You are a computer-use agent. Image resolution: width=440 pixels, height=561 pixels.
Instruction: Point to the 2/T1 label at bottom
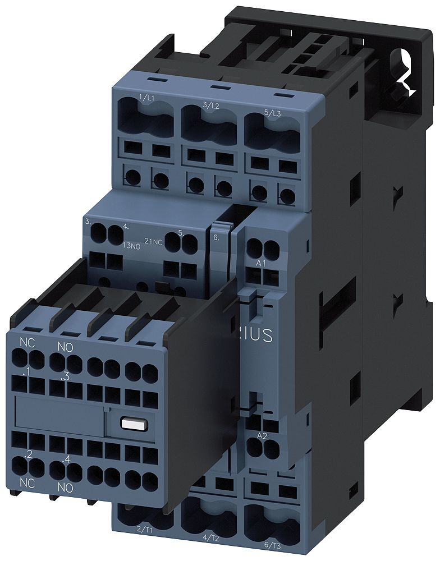pos(144,529)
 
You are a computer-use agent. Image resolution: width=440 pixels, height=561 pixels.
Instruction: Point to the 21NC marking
pos(154,241)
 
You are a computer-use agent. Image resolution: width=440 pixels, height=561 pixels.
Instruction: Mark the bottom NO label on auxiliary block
pos(65,488)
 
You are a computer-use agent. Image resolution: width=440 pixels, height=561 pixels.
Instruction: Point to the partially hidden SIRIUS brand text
pos(258,335)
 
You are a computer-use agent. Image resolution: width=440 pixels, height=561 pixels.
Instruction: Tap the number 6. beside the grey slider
pos(217,237)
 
